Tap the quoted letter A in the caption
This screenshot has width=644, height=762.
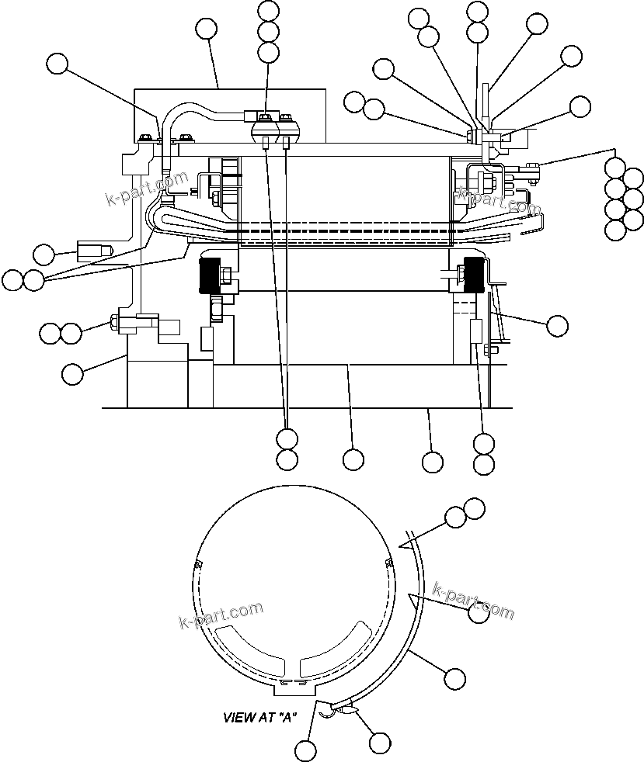[x=287, y=718]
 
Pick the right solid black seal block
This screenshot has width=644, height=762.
[x=473, y=274]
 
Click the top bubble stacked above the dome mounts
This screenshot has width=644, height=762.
[x=268, y=11]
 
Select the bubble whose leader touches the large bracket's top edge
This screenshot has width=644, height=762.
[x=206, y=29]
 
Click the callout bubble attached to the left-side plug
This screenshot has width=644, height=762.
[x=44, y=254]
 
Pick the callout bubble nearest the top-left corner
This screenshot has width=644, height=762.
[x=57, y=64]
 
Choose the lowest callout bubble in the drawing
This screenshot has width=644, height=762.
[x=306, y=750]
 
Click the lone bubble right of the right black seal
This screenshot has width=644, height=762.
[x=557, y=326]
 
